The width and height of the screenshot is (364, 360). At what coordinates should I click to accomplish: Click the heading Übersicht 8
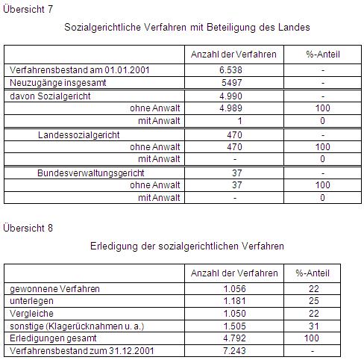coord(26,227)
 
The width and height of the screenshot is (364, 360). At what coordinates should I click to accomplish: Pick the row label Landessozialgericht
coord(79,135)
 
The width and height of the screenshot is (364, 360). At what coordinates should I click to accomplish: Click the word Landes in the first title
coord(293,27)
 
